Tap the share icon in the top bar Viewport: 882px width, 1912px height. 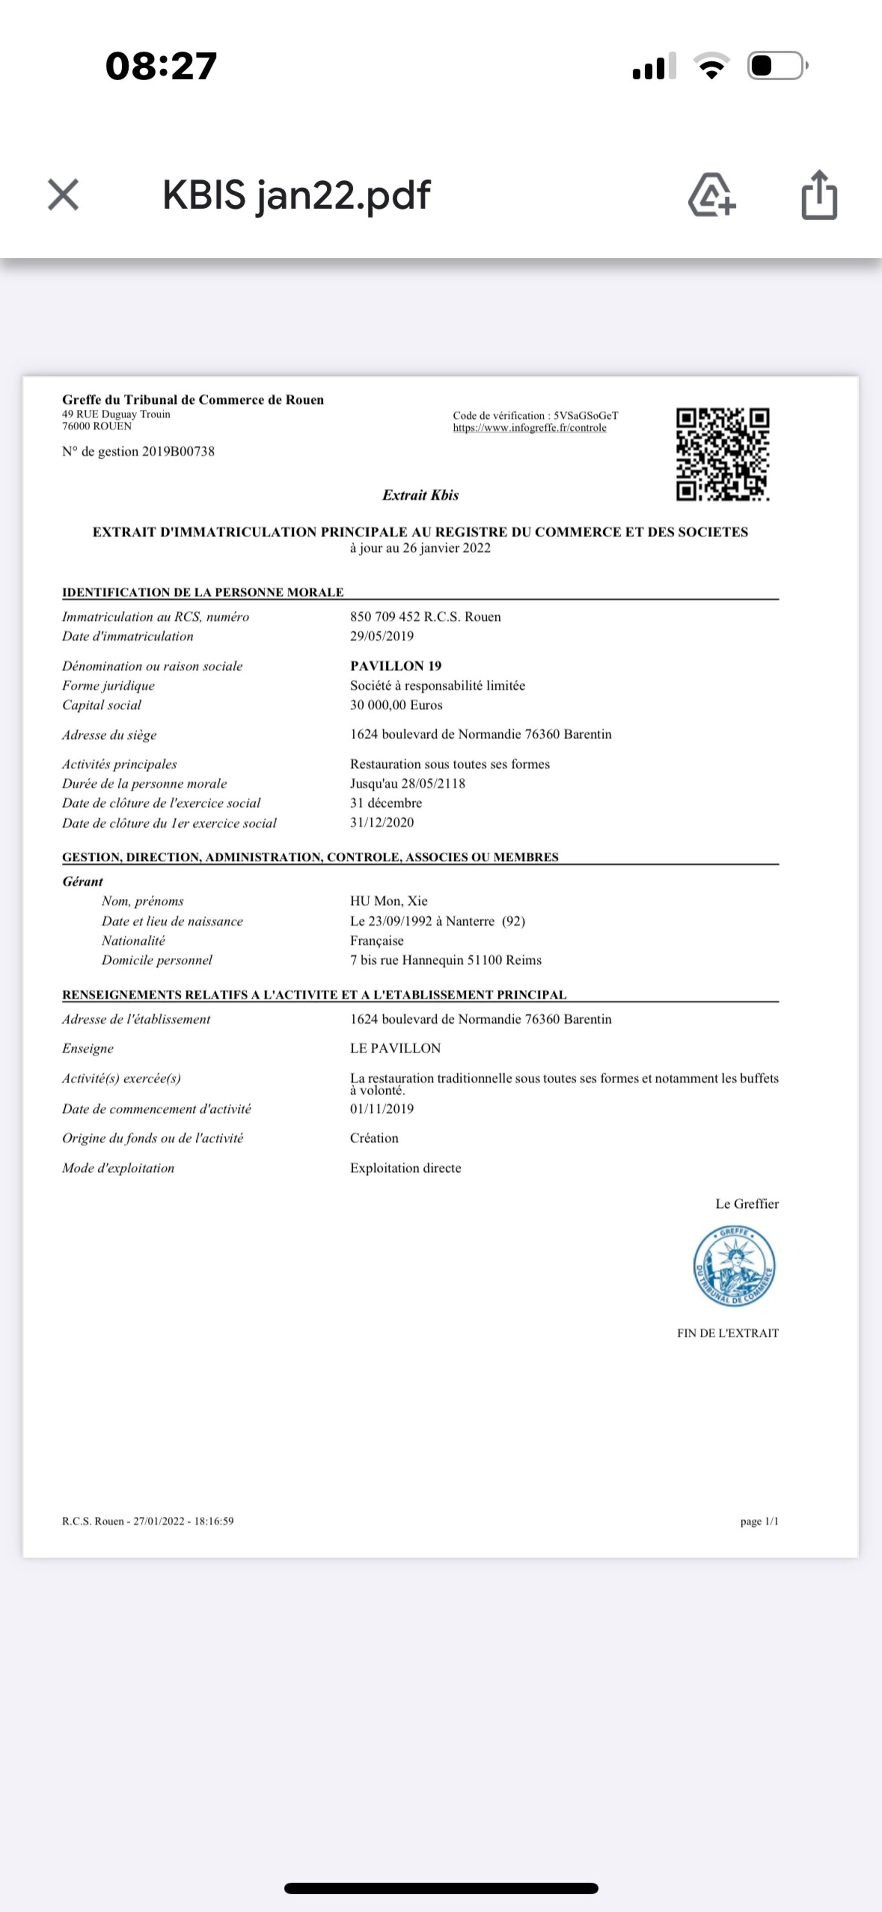(x=819, y=195)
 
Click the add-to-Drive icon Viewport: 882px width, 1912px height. (x=711, y=195)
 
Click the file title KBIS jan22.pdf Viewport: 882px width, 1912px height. (x=296, y=195)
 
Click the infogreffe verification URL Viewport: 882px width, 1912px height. (x=529, y=428)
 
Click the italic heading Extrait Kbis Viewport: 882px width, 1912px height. (x=420, y=495)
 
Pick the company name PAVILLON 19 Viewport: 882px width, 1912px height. (x=396, y=666)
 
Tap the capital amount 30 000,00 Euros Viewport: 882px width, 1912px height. (x=396, y=705)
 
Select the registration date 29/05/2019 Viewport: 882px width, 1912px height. (x=381, y=636)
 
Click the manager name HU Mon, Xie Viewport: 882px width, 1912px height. (x=388, y=901)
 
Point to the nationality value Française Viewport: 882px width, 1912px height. (x=377, y=941)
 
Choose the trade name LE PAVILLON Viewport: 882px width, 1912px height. (x=395, y=1048)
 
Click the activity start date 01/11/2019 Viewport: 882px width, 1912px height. (x=381, y=1109)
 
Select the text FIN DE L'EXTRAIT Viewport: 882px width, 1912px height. (x=728, y=1333)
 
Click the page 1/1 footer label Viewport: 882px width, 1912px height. (x=759, y=1522)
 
